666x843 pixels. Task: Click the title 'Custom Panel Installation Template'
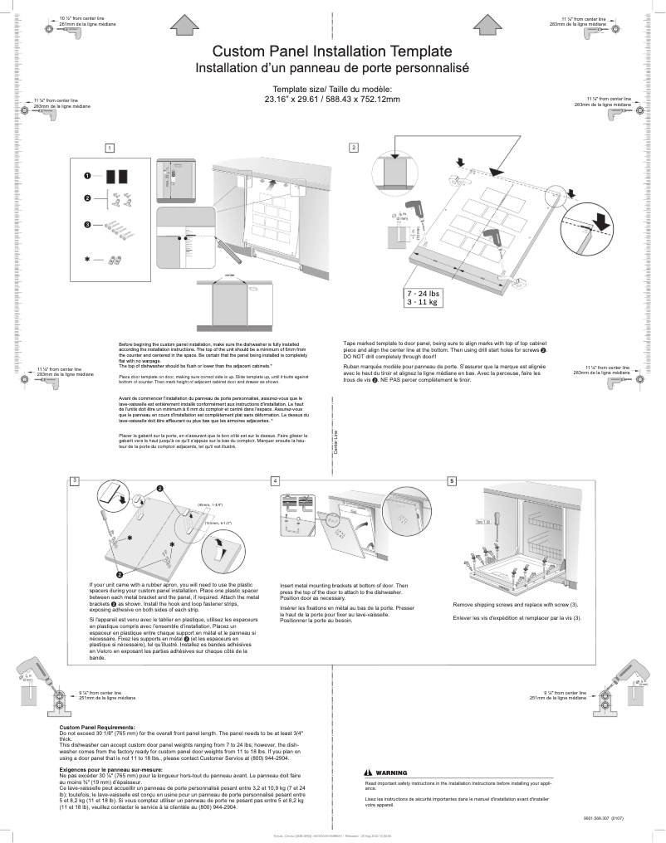(x=332, y=51)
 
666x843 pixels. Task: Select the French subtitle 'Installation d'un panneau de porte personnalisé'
(x=332, y=67)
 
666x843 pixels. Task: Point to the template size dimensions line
(x=332, y=100)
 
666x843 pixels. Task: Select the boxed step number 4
(x=275, y=480)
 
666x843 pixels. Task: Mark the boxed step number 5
(x=452, y=480)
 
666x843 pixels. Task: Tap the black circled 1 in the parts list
(x=86, y=176)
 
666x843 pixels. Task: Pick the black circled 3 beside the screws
(x=86, y=225)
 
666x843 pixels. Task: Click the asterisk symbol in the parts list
(x=86, y=259)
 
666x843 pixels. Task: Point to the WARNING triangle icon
(x=369, y=772)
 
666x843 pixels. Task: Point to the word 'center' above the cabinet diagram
(x=230, y=275)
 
